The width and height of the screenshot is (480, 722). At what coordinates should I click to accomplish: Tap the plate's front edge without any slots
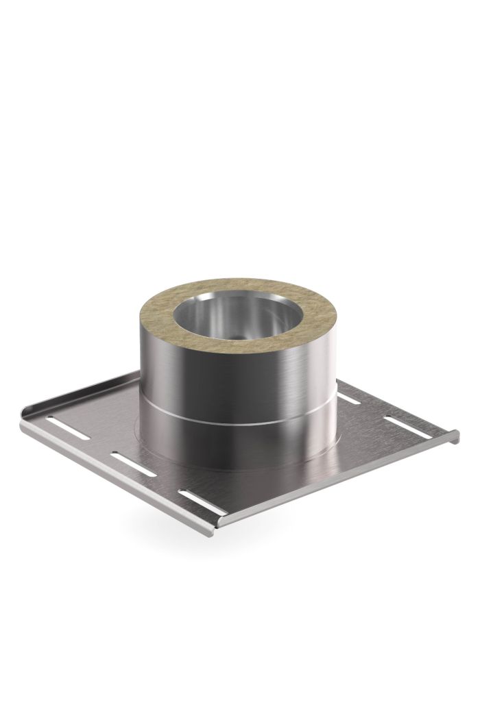coord(336,480)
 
